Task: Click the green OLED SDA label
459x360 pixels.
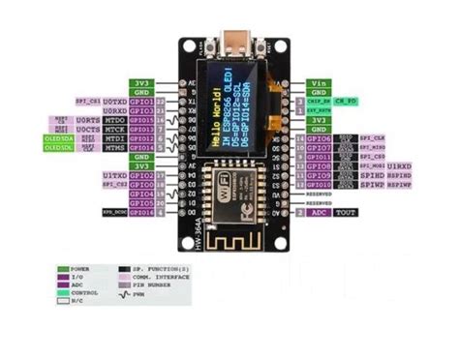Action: [59, 138]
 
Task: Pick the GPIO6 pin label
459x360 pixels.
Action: [321, 138]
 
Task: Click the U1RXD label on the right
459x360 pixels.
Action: [398, 165]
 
